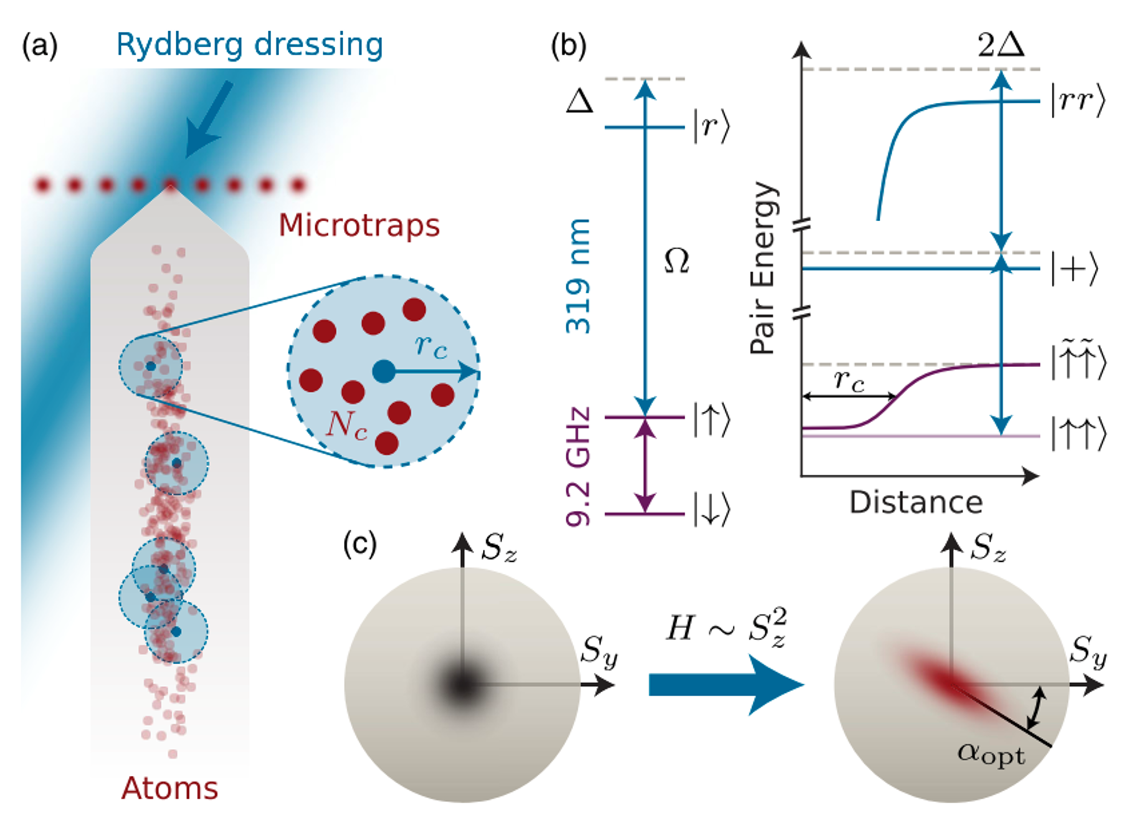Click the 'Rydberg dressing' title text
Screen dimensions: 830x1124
click(x=249, y=45)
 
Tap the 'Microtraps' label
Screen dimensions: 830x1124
click(x=359, y=225)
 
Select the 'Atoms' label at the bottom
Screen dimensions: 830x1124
click(x=169, y=788)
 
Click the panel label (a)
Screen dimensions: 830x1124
click(x=40, y=46)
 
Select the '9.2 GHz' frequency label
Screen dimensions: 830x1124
click(x=578, y=467)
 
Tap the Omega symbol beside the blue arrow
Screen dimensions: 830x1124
click(x=677, y=260)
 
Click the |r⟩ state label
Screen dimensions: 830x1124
click(x=711, y=126)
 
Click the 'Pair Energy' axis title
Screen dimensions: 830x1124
click(x=764, y=268)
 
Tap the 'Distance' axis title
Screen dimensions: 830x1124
click(x=916, y=502)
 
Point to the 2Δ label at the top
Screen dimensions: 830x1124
click(x=1001, y=45)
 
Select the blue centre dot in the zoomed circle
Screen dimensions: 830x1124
click(x=384, y=372)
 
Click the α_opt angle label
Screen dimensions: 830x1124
click(x=991, y=754)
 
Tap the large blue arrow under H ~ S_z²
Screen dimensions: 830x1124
click(x=726, y=685)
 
